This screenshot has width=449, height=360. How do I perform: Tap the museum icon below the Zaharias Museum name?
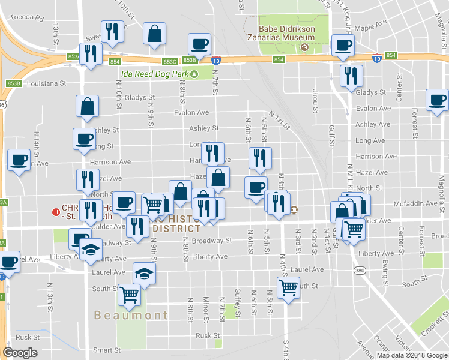305,47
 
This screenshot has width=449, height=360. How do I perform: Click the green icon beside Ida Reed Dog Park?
194,74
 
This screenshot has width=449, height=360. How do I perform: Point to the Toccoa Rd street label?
31,18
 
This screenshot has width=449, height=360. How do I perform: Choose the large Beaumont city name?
131,315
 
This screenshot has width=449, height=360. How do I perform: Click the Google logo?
20,353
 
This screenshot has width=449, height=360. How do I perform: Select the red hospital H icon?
56,211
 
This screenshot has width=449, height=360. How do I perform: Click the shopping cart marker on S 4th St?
288,288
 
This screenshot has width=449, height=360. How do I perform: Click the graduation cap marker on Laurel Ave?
143,274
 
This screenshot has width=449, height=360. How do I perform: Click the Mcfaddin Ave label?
423,203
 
